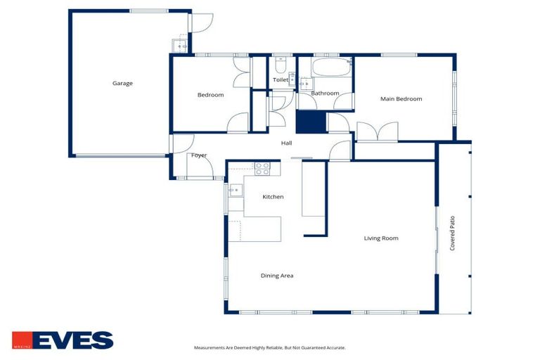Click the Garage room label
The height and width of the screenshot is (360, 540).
coord(122,84)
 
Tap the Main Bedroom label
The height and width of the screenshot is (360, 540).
coord(401,99)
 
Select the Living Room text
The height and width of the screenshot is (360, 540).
coord(381,238)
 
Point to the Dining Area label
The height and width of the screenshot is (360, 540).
coord(277,276)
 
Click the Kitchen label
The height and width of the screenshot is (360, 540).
coord(273,197)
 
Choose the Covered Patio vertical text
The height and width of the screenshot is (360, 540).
coord(453,233)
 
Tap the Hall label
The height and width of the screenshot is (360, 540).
coord(286,143)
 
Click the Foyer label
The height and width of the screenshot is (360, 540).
coord(199,155)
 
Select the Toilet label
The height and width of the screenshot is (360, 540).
coord(281,80)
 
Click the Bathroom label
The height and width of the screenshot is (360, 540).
coord(326,93)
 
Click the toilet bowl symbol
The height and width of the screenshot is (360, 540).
coord(280,67)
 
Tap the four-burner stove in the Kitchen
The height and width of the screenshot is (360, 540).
coord(262,168)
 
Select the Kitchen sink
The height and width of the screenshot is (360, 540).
coord(234,190)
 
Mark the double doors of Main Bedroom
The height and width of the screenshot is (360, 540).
coord(378,131)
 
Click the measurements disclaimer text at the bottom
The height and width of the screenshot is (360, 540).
coord(269,347)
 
